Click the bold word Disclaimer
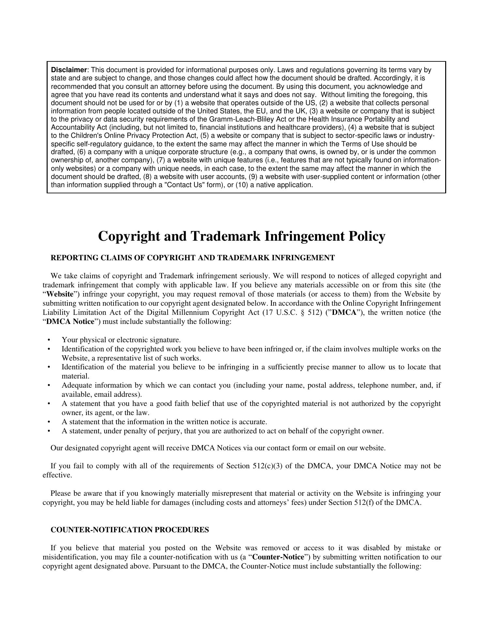pos(69,70)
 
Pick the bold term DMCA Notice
pos(70,322)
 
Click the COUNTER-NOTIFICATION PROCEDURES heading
pos(130,530)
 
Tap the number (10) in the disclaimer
pos(241,185)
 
